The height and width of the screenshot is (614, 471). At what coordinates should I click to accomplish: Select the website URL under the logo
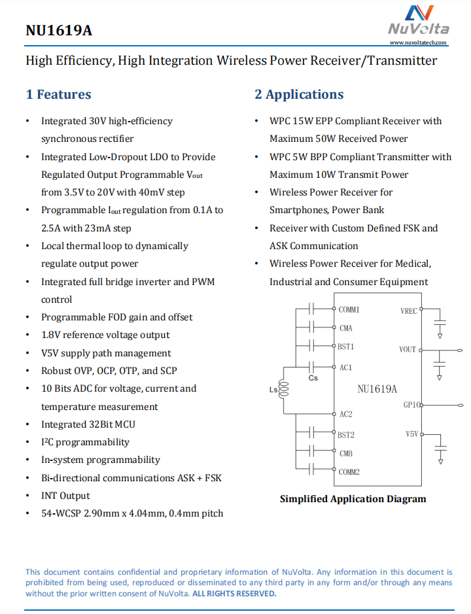[x=419, y=43]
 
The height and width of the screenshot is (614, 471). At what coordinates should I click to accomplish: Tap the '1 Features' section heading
[x=58, y=94]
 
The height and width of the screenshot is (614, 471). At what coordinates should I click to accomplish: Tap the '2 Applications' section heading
[x=299, y=94]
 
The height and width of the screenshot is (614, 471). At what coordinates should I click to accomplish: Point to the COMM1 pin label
[x=349, y=309]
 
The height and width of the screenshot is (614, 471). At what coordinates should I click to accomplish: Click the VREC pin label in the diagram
[x=409, y=311]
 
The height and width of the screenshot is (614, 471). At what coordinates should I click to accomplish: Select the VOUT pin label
[x=408, y=349]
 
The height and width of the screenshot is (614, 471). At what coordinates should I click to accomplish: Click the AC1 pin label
[x=345, y=367]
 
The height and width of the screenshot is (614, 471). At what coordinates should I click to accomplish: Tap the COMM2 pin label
[x=349, y=471]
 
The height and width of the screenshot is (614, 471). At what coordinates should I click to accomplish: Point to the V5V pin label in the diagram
[x=411, y=434]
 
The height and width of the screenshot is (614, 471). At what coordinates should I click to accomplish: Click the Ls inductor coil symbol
[x=284, y=390]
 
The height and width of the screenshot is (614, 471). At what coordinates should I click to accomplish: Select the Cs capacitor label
[x=313, y=378]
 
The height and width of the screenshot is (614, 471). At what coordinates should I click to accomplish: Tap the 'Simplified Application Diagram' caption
[x=353, y=499]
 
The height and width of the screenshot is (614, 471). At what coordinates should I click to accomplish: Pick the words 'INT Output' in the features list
[x=65, y=496]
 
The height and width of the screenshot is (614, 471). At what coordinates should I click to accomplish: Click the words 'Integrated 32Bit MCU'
[x=88, y=424]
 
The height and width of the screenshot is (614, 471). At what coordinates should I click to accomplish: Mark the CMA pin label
[x=346, y=328]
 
